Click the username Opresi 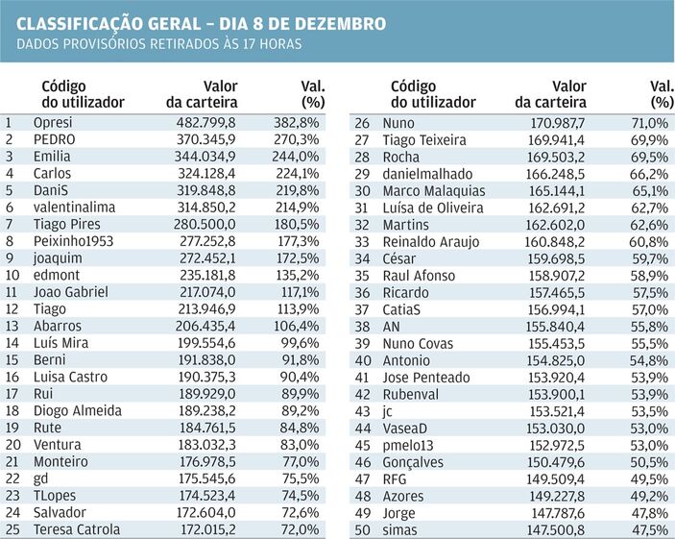click(x=53, y=123)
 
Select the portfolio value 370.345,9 click(x=205, y=139)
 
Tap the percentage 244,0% click(x=296, y=157)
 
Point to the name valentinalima click(x=74, y=208)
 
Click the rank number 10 click(x=12, y=275)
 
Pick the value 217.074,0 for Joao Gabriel click(x=207, y=292)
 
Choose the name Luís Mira click(x=60, y=343)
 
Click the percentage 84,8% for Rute click(x=300, y=428)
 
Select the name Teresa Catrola click(x=77, y=529)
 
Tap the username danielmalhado click(x=427, y=174)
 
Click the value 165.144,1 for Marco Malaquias click(x=555, y=191)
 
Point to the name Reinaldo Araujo click(x=431, y=242)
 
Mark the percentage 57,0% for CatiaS click(x=649, y=309)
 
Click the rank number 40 click(x=362, y=360)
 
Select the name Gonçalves click(x=413, y=463)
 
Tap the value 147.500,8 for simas click(x=556, y=530)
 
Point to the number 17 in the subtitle click(x=249, y=44)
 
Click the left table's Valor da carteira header click(x=202, y=94)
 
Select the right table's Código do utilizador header click(x=433, y=94)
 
